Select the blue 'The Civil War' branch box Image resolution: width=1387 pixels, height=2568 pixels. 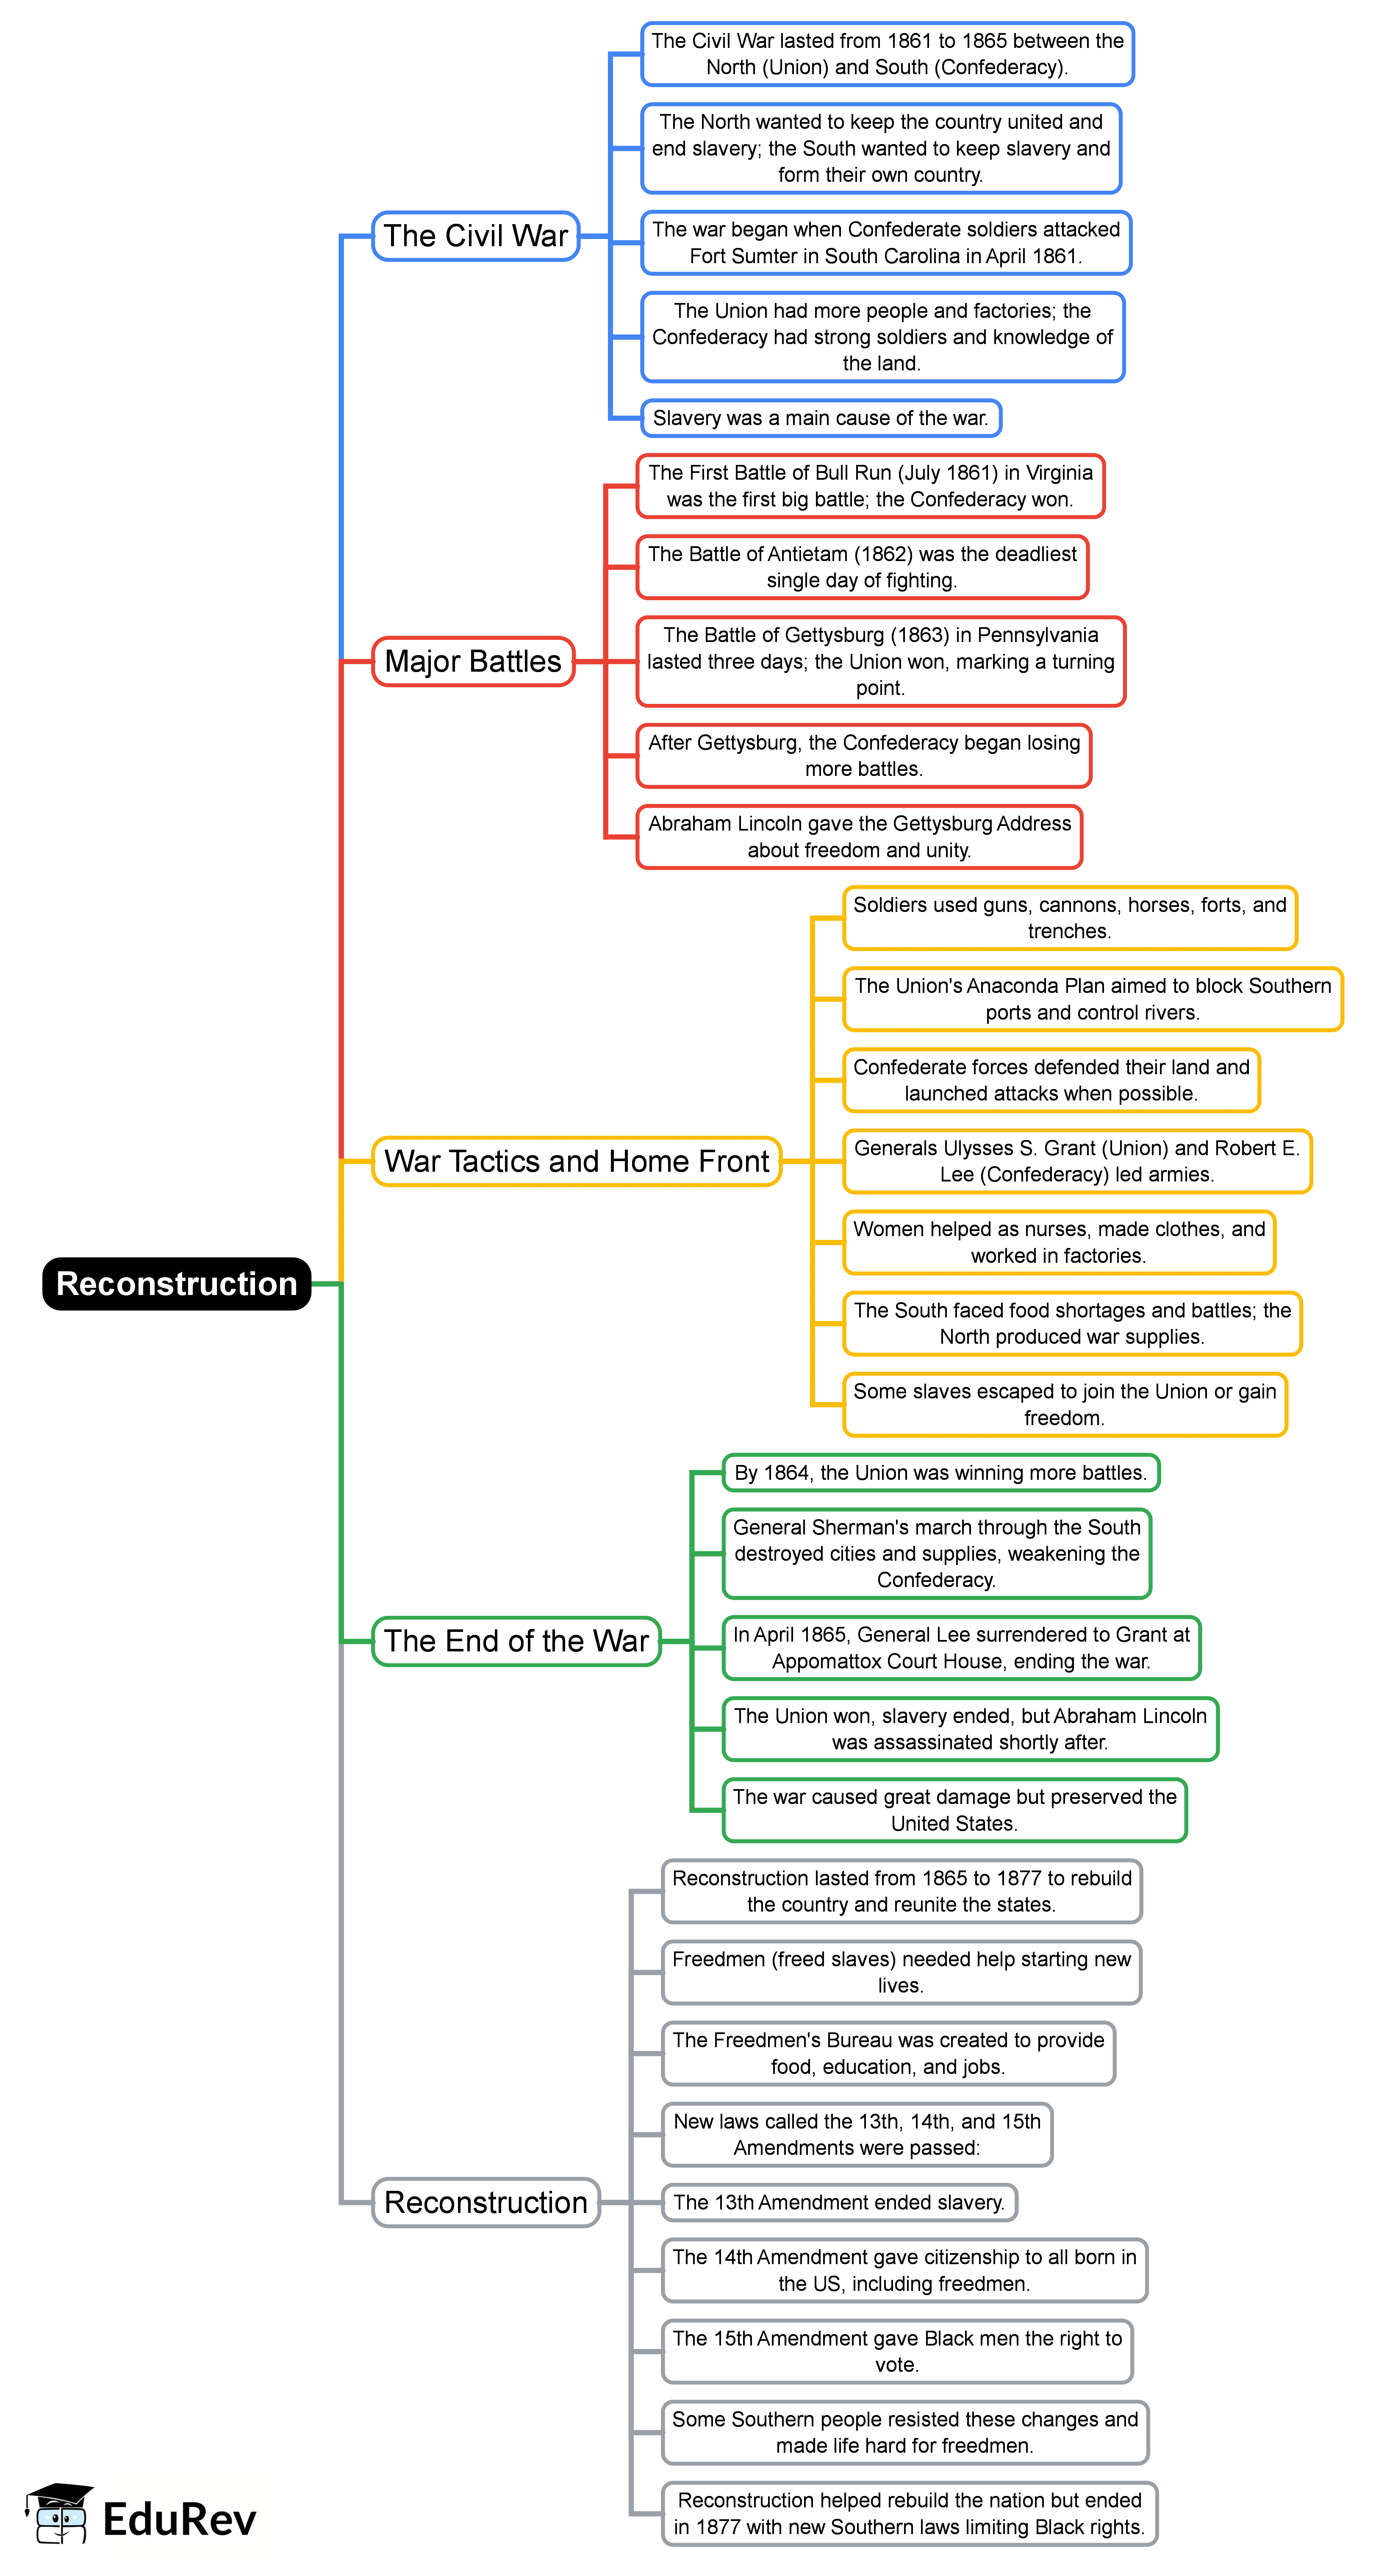coord(475,236)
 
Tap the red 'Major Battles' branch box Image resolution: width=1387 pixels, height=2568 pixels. coord(473,661)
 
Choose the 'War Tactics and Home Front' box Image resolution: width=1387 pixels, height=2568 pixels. coord(576,1162)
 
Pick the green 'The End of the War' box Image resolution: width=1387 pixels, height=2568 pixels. coord(516,1641)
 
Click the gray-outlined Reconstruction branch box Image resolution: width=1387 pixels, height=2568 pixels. coord(485,2202)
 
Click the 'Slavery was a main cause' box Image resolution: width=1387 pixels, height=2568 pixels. coord(820,418)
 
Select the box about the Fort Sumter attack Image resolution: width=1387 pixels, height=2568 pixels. coord(886,242)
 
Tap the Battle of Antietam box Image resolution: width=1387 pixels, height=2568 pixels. coord(862,567)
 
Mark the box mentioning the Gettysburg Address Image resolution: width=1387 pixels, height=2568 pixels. coord(859,837)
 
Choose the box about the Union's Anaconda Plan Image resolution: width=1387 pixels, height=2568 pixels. coord(1092,999)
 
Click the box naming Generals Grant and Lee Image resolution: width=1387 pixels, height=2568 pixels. coord(1076,1162)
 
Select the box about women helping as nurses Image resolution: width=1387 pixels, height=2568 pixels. coord(1058,1242)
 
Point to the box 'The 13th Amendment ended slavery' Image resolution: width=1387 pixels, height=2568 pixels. coord(839,2202)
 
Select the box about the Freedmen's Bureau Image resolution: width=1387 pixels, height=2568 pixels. coord(888,2054)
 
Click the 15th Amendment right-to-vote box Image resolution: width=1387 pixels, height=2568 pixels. coord(897,2351)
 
